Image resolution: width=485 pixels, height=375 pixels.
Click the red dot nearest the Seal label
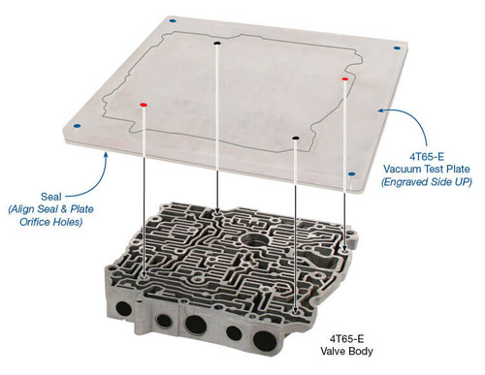[x=144, y=103]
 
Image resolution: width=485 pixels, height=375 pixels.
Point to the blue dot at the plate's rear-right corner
[x=398, y=47]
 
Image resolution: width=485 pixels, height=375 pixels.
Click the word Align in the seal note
[x=27, y=208]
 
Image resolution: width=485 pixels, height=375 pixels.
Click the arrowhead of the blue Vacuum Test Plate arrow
[x=379, y=112]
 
